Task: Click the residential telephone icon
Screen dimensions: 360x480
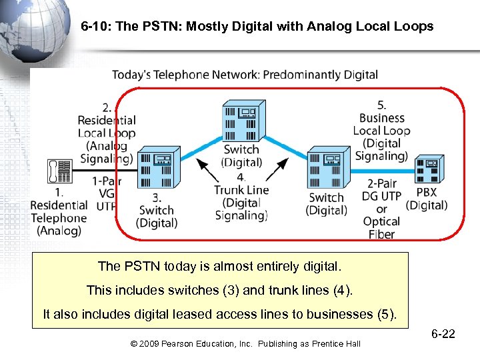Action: click(59, 171)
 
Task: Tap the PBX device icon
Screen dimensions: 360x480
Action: click(430, 169)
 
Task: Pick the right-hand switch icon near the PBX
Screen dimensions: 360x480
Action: click(325, 169)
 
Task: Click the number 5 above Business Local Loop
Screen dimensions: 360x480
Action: click(381, 105)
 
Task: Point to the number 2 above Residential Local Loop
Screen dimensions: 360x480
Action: click(107, 107)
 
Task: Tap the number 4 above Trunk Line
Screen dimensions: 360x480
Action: click(241, 177)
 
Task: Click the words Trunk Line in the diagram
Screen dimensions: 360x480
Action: click(241, 190)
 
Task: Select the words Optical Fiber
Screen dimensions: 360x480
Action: click(381, 227)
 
